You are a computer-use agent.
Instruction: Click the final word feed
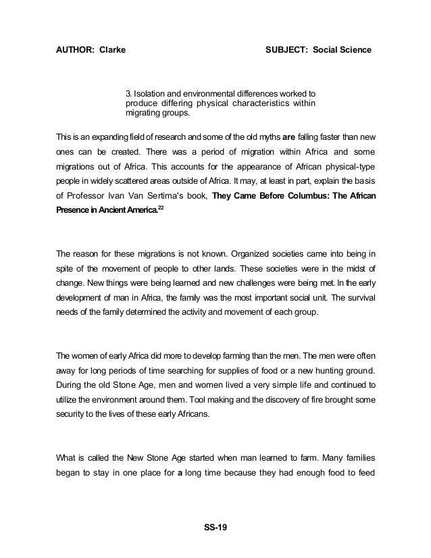click(365, 474)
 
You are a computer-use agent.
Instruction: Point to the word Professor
click(86, 195)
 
